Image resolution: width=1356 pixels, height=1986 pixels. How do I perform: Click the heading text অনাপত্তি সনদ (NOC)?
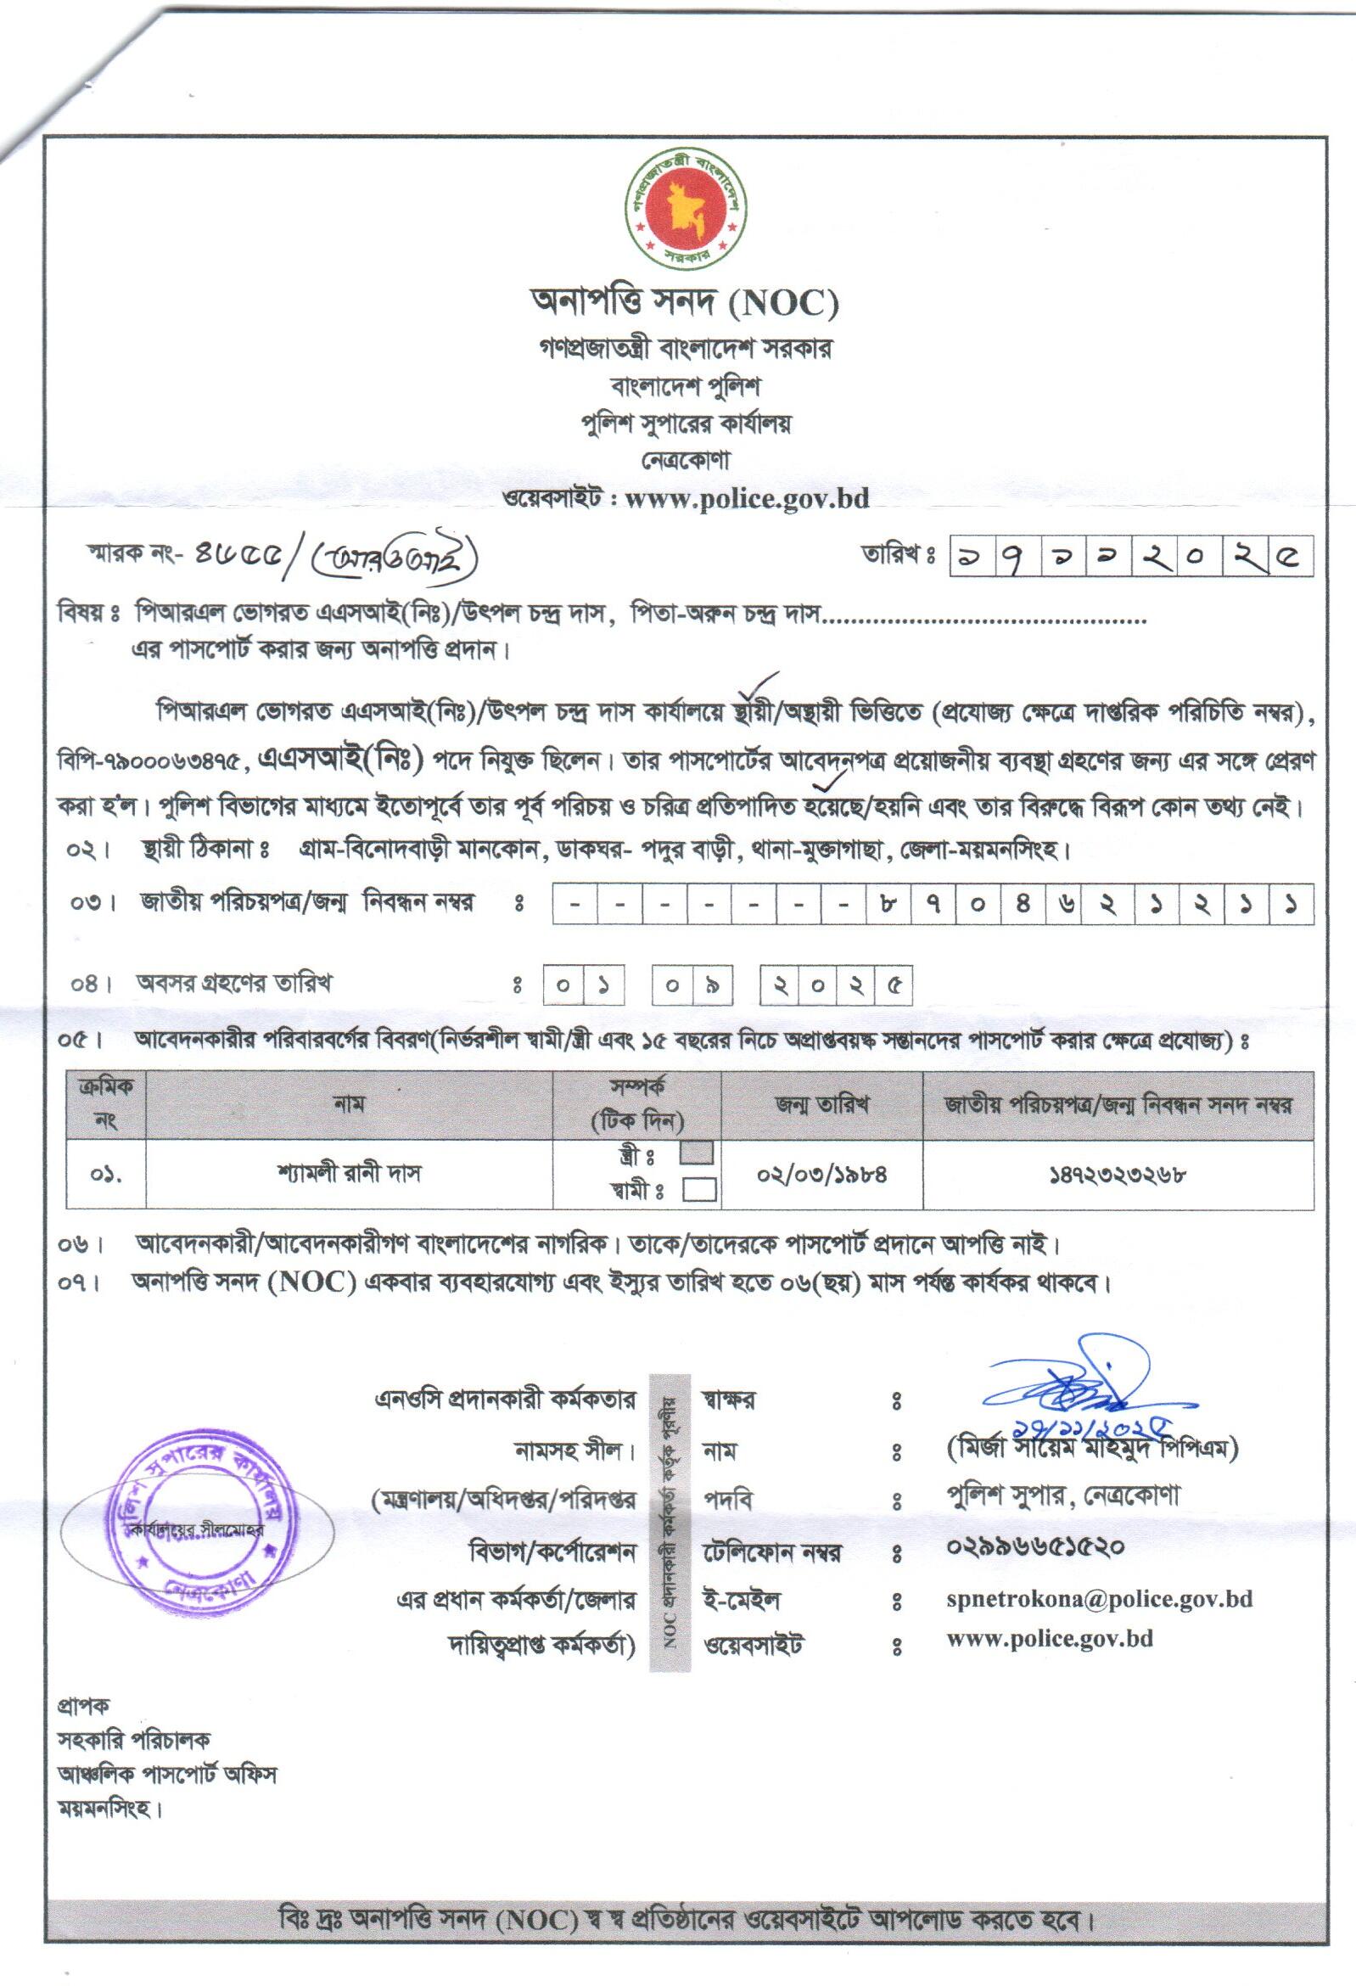click(x=685, y=301)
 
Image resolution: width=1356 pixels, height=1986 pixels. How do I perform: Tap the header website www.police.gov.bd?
click(x=747, y=498)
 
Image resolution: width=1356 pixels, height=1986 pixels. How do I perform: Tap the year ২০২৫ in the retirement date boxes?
click(x=836, y=985)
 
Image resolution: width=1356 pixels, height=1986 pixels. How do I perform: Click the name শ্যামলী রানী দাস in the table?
click(x=349, y=1174)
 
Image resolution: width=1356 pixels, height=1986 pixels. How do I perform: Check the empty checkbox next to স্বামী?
click(x=699, y=1190)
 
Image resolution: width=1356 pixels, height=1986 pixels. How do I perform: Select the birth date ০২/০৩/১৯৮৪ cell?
click(x=821, y=1174)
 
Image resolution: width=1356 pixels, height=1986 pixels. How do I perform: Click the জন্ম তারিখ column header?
click(x=821, y=1104)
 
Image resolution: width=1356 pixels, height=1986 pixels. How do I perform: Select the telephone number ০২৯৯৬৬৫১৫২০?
click(x=1034, y=1546)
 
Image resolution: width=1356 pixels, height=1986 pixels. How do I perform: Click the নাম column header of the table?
click(x=349, y=1104)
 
